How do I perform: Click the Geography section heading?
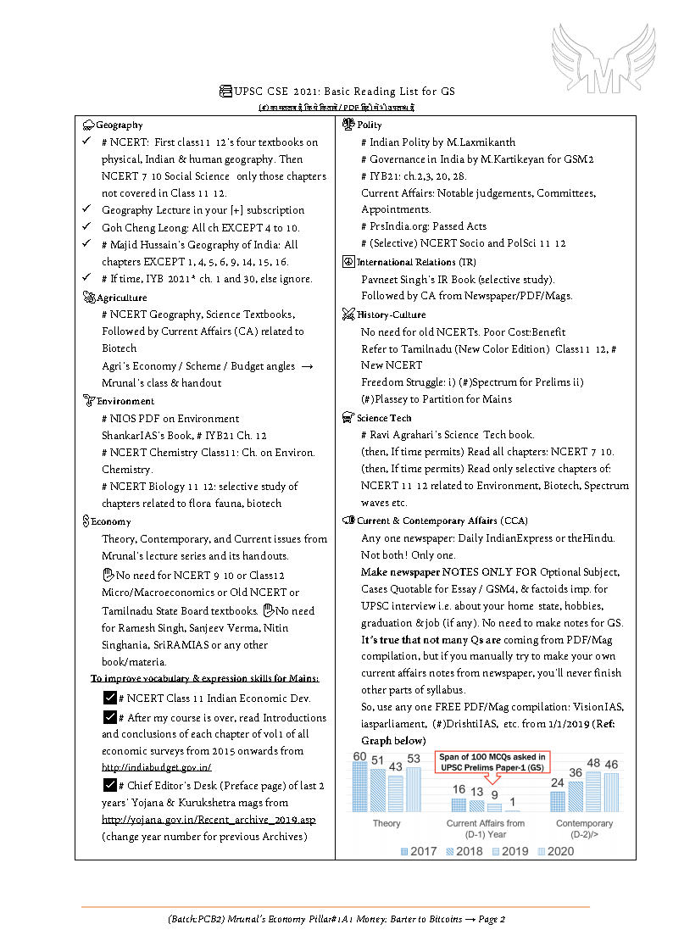[x=119, y=125]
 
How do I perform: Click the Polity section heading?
[x=370, y=125]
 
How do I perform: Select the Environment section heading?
[x=125, y=401]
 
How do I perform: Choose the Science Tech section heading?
[x=384, y=418]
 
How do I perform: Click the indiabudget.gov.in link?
[x=156, y=767]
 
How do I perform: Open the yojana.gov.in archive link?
[x=209, y=820]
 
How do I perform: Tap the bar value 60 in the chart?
[x=360, y=756]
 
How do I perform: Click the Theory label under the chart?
[x=387, y=823]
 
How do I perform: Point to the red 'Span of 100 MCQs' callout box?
[x=492, y=762]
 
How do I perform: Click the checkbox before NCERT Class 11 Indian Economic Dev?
[x=108, y=699]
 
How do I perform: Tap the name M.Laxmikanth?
[x=481, y=142]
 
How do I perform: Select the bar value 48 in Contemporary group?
[x=593, y=763]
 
